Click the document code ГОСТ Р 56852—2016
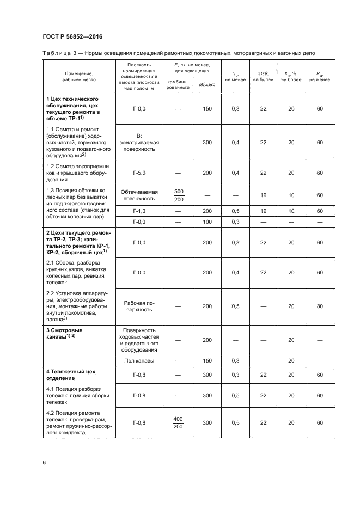pyautogui.click(x=72, y=36)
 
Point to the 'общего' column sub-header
pyautogui.click(x=206, y=84)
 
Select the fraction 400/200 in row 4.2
pyautogui.click(x=178, y=422)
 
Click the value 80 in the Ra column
pyautogui.click(x=319, y=306)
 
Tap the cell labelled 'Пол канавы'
pyautogui.click(x=139, y=360)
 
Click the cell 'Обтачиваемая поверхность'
pyautogui.click(x=139, y=195)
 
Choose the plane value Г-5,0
pyautogui.click(x=139, y=173)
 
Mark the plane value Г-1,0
pyautogui.click(x=139, y=211)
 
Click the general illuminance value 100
pyautogui.click(x=206, y=222)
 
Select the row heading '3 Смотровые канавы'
pyautogui.click(x=72, y=334)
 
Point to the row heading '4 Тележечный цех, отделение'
pyautogui.click(x=72, y=375)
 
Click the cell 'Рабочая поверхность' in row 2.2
pyautogui.click(x=139, y=306)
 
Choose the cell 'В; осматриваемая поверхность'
pyautogui.click(x=139, y=143)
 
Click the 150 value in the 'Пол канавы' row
pyautogui.click(x=206, y=360)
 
